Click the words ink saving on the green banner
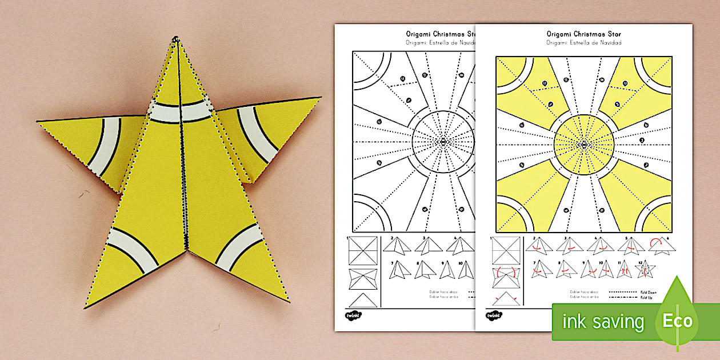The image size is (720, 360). (x=603, y=321)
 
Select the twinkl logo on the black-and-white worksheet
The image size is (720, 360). (x=352, y=315)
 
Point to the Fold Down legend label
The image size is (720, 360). (x=648, y=292)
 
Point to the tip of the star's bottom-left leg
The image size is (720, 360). (x=86, y=307)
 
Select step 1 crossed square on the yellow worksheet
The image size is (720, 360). (x=505, y=250)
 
